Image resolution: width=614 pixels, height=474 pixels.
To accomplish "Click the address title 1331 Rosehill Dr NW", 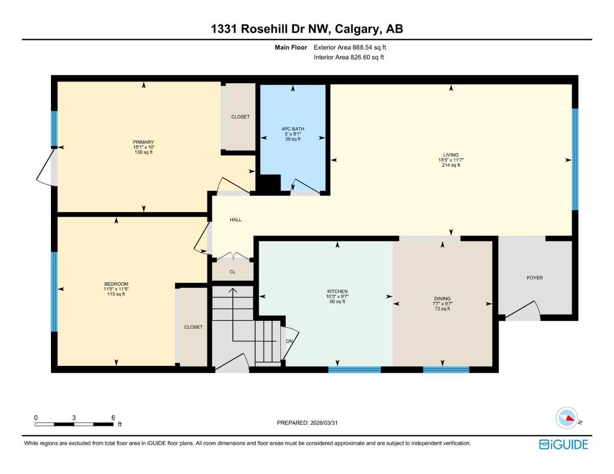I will pyautogui.click(x=307, y=29).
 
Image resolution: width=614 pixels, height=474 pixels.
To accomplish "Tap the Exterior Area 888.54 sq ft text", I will pyautogui.click(x=350, y=47).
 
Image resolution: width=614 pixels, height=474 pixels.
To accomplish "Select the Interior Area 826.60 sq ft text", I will pyautogui.click(x=348, y=57).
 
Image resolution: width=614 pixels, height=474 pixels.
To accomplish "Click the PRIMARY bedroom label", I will pyautogui.click(x=143, y=142).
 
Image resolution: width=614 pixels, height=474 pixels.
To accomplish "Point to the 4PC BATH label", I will pyautogui.click(x=293, y=129).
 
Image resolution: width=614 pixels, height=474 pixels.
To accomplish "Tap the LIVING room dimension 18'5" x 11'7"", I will pyautogui.click(x=451, y=160).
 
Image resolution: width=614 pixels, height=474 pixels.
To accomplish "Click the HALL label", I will pyautogui.click(x=235, y=220).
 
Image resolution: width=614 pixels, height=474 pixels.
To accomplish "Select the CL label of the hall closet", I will pyautogui.click(x=233, y=272).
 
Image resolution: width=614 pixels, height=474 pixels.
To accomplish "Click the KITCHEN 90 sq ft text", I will pyautogui.click(x=337, y=302).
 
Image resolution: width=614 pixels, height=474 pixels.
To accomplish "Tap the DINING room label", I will pyautogui.click(x=442, y=299).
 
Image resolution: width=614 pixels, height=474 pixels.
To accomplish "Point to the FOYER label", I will pyautogui.click(x=535, y=278).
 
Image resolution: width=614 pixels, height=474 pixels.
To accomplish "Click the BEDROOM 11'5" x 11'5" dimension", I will pyautogui.click(x=116, y=289).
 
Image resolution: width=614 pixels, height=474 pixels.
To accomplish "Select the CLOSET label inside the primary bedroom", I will pyautogui.click(x=240, y=117).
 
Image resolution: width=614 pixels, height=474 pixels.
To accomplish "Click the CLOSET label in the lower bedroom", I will pyautogui.click(x=193, y=327).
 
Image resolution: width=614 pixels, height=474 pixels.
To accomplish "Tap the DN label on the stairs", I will pyautogui.click(x=289, y=342).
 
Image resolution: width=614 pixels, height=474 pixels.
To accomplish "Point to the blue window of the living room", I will pyautogui.click(x=575, y=160).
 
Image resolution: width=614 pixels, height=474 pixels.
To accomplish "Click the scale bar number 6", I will pyautogui.click(x=113, y=418).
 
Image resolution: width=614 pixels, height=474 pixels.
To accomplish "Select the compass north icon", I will pyautogui.click(x=567, y=418).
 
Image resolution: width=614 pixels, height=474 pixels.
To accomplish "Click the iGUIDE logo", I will pyautogui.click(x=563, y=444).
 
